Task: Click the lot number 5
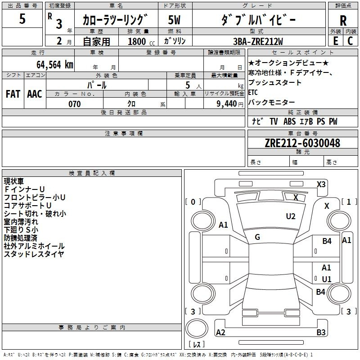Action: (x=22, y=19)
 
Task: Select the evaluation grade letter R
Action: (x=343, y=21)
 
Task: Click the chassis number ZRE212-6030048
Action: (x=302, y=143)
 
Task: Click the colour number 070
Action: (x=74, y=104)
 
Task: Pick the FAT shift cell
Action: (x=13, y=94)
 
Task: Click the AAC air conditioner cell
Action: (x=35, y=94)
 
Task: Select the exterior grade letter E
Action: (x=336, y=41)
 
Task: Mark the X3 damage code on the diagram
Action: (x=321, y=184)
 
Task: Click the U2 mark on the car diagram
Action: (x=291, y=216)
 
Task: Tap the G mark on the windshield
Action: (x=257, y=237)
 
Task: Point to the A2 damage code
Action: (x=220, y=333)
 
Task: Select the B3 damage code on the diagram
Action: (x=321, y=333)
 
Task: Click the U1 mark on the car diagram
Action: (x=327, y=279)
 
